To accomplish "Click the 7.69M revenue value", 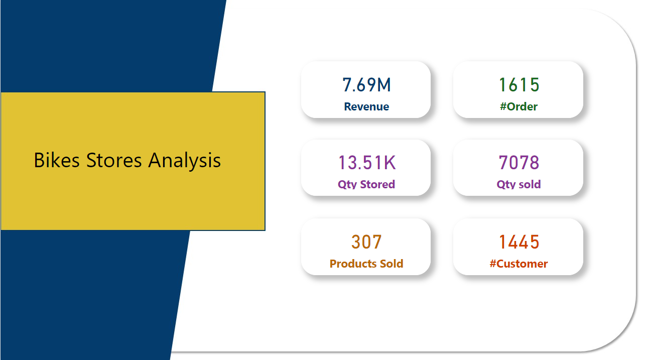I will [x=366, y=85].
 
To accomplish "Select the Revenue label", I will [x=366, y=106].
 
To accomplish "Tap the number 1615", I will [x=519, y=85].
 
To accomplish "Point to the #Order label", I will [x=519, y=106].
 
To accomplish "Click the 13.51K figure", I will [x=366, y=163].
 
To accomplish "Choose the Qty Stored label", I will [x=366, y=184].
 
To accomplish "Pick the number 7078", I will [x=519, y=163].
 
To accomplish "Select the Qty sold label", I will [x=519, y=184].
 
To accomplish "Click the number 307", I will [x=366, y=242].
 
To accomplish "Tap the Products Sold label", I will [x=366, y=264].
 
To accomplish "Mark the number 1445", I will [x=519, y=242].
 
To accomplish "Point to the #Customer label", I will [x=519, y=264].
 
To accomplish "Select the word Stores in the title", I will [x=115, y=160].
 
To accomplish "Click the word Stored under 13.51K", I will [x=376, y=184].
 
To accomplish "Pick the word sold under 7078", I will [x=530, y=184].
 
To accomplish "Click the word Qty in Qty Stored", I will [x=346, y=185].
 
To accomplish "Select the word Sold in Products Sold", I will [x=392, y=264].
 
